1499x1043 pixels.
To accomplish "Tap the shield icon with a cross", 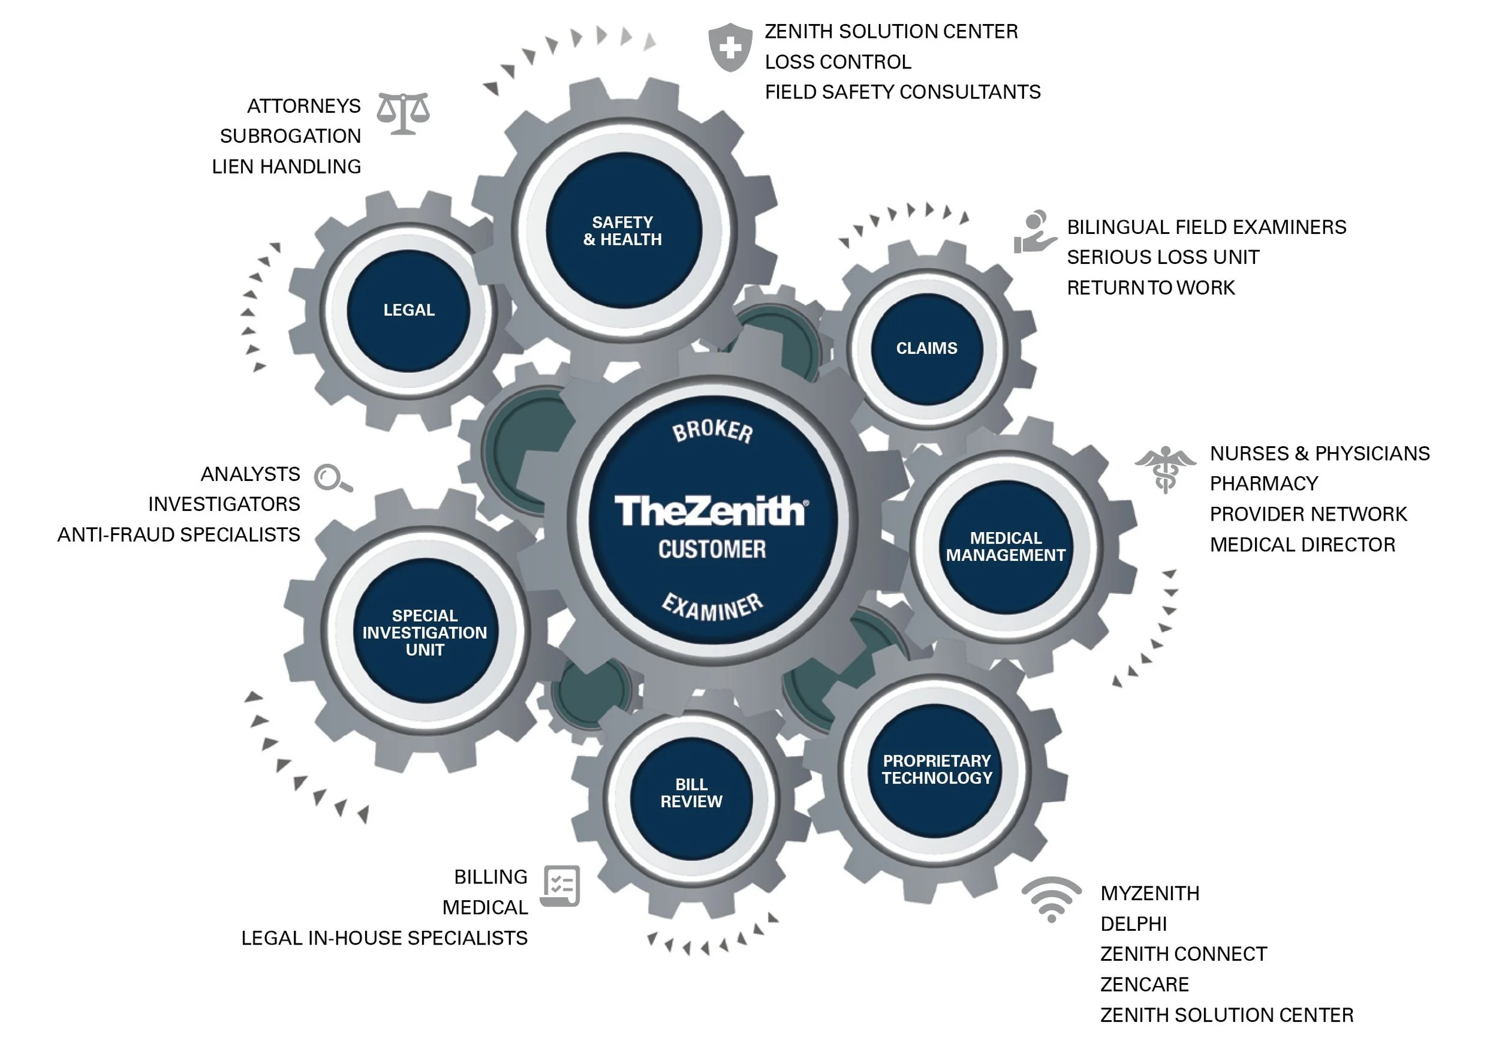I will (730, 47).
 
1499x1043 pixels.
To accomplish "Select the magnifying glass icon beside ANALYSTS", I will (332, 478).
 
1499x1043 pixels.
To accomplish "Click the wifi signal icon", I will (1051, 899).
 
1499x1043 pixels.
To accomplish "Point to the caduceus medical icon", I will (1166, 468).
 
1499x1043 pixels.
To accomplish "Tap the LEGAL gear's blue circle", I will (409, 310).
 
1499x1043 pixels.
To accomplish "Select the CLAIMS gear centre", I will (926, 348).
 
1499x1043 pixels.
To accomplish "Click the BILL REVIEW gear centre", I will (691, 793).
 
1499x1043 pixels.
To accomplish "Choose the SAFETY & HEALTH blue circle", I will (623, 230).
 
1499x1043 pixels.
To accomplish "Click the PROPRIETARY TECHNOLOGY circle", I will (937, 770).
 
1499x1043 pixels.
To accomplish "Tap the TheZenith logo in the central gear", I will (711, 511).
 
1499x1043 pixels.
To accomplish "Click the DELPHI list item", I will (1133, 924).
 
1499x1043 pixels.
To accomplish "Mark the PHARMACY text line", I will (1263, 483).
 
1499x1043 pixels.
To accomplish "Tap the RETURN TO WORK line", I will (1151, 287).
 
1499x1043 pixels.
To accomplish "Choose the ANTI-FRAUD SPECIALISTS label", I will (178, 534).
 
